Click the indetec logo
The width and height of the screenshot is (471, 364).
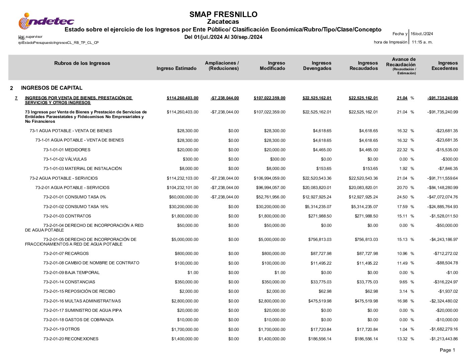pos(46,21)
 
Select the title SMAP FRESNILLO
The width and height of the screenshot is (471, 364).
pos(223,14)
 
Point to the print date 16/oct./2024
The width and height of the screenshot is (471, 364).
pos(421,34)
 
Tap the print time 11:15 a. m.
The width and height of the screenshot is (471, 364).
pos(422,42)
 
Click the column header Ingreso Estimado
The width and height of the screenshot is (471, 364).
pos(176,68)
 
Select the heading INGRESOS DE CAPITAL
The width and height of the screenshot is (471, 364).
pos(52,88)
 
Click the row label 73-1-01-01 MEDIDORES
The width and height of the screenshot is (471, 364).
pos(67,150)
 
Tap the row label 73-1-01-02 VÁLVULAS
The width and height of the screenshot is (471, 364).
pos(65,159)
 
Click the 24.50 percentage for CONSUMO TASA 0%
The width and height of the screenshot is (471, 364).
pos(402,197)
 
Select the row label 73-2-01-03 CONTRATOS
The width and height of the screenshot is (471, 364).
pos(67,216)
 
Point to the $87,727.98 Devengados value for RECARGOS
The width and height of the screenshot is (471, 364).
pos(320,254)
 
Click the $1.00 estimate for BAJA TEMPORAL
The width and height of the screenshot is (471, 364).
pos(193,273)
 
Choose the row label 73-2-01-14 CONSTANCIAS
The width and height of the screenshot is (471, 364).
pos(69,282)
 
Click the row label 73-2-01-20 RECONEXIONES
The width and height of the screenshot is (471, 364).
pos(71,339)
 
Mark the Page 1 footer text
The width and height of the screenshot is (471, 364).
pos(447,350)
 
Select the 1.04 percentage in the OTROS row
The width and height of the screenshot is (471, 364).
pos(403,330)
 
